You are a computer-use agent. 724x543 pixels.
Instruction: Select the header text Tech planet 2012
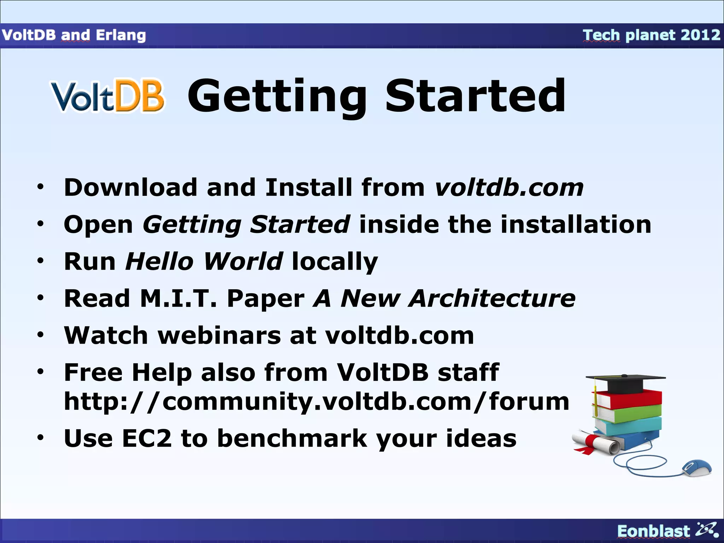tap(651, 35)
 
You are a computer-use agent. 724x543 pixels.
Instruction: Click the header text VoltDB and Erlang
tap(74, 35)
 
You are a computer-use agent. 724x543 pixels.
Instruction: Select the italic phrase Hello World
tap(204, 262)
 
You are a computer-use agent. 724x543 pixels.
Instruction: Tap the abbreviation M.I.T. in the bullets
tap(179, 299)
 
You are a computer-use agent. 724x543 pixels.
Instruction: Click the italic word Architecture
tap(492, 299)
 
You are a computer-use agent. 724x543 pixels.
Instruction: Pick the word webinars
tap(219, 335)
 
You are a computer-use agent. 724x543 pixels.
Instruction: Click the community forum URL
tap(316, 402)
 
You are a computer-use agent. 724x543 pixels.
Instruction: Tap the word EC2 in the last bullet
tap(147, 439)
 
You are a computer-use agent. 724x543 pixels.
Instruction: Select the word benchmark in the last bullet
tap(292, 439)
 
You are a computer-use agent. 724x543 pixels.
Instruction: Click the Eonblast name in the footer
tap(653, 531)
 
